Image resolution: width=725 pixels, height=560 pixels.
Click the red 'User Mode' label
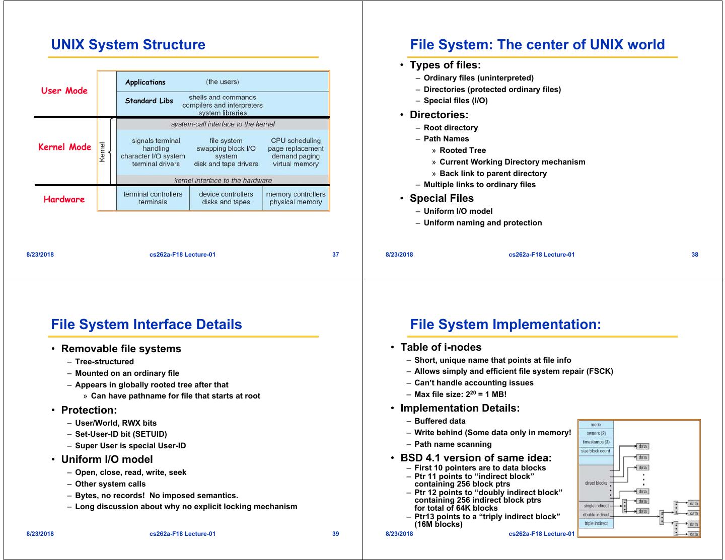(64, 91)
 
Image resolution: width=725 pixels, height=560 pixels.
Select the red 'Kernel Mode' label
(65, 147)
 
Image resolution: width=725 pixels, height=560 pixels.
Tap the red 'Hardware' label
(64, 199)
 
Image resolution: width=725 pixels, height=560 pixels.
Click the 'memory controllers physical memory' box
(296, 198)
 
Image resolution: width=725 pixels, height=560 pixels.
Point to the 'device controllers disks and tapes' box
(226, 198)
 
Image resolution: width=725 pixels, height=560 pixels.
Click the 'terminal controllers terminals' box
(153, 198)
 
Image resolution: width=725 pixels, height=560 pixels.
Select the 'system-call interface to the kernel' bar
(223, 124)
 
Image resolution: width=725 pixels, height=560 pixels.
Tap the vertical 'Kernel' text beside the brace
(103, 152)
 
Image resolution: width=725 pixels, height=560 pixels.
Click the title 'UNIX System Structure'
(128, 45)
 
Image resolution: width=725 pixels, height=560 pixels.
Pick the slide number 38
(695, 255)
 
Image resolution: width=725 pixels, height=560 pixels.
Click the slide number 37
(336, 255)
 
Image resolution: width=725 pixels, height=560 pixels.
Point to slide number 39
(336, 534)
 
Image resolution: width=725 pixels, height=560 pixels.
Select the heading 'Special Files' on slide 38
(442, 198)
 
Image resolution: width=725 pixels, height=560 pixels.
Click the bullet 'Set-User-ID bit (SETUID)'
(121, 434)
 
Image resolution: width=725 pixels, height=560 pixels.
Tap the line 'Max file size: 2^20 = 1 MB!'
(460, 394)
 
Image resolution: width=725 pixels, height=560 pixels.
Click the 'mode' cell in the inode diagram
(596, 425)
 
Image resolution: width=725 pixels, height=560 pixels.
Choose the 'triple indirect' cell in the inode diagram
(596, 524)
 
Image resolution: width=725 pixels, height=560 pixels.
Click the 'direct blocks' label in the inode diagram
(596, 483)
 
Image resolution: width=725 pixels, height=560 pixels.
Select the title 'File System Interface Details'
(147, 325)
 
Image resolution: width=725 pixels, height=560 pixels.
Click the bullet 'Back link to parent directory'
(493, 174)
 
